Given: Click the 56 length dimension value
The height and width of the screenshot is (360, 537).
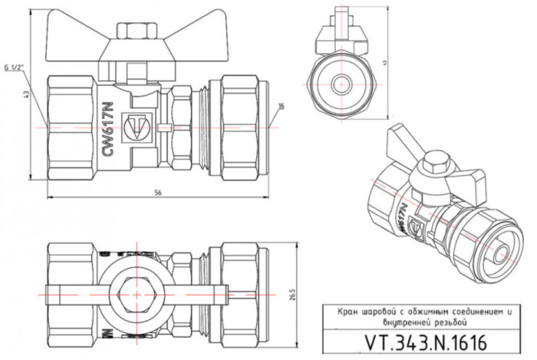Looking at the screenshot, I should coord(159,191).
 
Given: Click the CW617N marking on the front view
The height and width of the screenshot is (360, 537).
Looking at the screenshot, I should coord(109,131).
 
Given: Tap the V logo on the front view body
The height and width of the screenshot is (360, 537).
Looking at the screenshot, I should coord(138,125).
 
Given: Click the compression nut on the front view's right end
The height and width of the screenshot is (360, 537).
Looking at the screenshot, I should coord(243,125).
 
